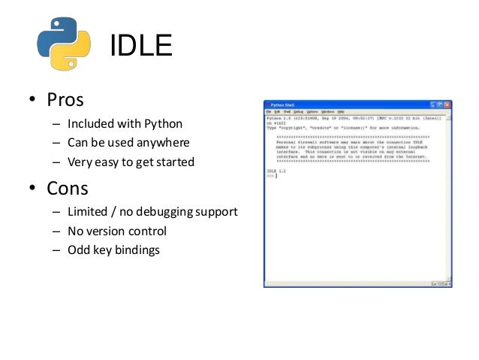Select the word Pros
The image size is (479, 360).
[x=66, y=100]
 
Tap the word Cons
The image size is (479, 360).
[x=68, y=187]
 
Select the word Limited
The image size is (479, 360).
[x=88, y=212]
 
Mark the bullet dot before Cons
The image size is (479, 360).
[x=33, y=189]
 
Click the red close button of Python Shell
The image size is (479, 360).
[x=447, y=104]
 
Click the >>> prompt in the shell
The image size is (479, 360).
[x=270, y=177]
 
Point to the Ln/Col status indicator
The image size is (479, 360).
[x=441, y=283]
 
